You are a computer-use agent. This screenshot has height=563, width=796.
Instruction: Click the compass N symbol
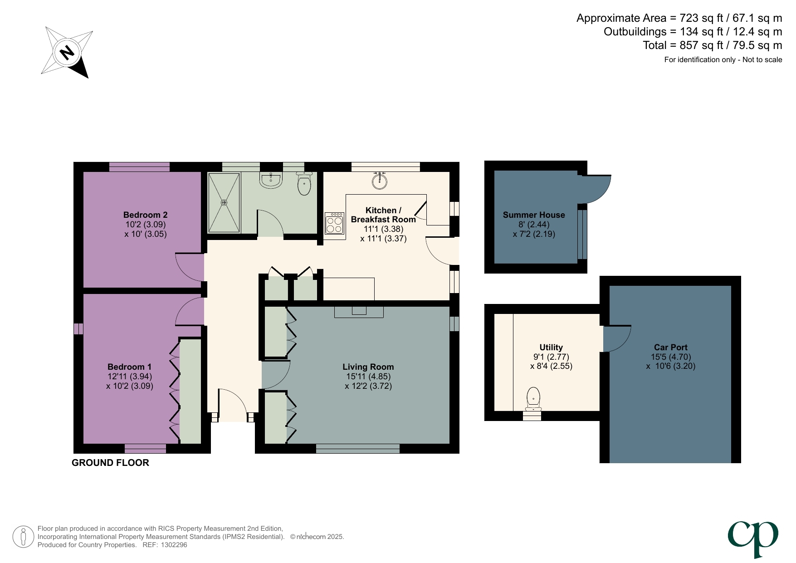67,53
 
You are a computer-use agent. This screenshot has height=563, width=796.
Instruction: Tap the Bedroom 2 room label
145,215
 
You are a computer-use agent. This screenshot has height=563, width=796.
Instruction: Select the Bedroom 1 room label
129,367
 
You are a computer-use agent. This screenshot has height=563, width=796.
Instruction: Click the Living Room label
368,367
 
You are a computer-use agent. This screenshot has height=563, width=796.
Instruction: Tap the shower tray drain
224,202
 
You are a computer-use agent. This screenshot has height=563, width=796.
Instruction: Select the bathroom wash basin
271,180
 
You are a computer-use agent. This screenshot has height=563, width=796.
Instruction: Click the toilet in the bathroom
304,184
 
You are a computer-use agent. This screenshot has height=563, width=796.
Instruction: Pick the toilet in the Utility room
533,398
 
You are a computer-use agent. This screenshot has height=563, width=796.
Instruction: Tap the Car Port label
670,347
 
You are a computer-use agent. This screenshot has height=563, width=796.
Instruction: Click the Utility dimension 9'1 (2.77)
551,357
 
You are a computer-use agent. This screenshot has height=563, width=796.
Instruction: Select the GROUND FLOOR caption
110,463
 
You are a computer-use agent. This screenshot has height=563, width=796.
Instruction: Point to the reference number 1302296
174,545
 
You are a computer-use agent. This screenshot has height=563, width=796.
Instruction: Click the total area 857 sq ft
701,45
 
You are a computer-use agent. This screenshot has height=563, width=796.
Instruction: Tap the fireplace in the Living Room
359,312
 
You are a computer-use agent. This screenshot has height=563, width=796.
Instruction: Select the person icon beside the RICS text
23,537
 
